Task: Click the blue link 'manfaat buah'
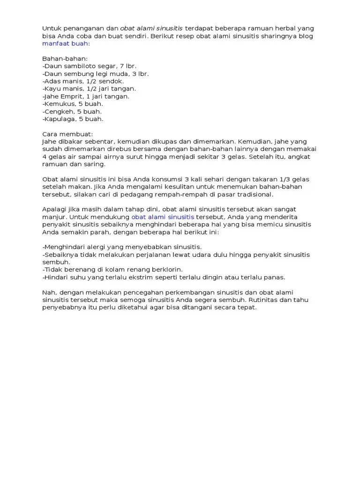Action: coord(65,43)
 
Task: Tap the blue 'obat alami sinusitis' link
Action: coord(163,217)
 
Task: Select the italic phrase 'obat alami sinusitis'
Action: coord(151,28)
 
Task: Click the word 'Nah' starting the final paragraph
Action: coord(48,292)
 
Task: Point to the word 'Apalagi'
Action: coord(54,209)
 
